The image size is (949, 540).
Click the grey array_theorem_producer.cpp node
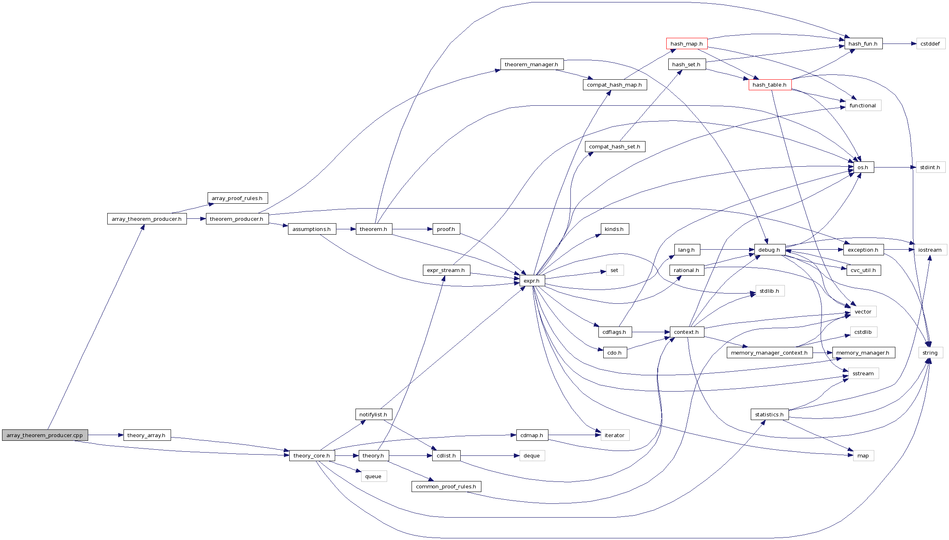coord(45,435)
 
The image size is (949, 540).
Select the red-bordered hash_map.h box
coord(687,44)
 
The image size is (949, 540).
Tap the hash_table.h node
coord(769,85)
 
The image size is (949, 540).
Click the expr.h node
coord(532,281)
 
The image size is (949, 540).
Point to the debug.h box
coord(769,250)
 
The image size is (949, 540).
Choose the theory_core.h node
coord(312,456)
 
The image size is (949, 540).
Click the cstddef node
coord(930,44)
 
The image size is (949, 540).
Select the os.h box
coord(863,168)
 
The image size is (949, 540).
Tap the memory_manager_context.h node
coord(769,353)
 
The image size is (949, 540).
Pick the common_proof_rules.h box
coord(446,487)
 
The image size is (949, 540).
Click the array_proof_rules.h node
coord(237,198)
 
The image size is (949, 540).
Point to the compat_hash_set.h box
coord(615,147)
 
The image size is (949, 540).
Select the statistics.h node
coord(769,415)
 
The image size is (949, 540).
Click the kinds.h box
coord(614,229)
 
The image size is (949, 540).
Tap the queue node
coord(373,477)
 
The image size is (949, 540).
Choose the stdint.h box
coord(930,168)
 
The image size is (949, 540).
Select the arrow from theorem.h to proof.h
coord(412,229)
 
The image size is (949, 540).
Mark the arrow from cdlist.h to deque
coord(490,456)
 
